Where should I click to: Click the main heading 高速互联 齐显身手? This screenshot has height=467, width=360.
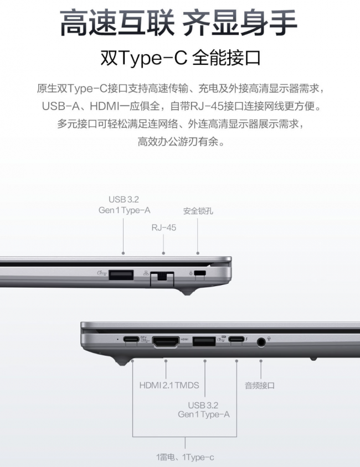178,23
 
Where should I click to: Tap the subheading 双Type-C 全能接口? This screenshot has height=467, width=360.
181,58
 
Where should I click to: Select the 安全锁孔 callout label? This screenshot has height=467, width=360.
198,211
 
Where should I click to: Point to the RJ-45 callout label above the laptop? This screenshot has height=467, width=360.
163,227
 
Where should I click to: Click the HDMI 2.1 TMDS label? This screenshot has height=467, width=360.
169,385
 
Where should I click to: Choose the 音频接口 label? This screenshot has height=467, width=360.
260,386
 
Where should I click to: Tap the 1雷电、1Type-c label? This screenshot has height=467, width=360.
185,457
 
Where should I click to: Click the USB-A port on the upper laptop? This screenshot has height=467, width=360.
121,274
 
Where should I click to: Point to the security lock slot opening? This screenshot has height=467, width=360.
200,273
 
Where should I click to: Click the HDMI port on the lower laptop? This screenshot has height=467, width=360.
166,341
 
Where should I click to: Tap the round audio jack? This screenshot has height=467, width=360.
261,342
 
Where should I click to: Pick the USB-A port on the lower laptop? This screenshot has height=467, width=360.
204,341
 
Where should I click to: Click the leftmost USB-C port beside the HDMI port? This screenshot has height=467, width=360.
131,339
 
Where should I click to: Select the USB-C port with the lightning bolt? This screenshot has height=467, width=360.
236,339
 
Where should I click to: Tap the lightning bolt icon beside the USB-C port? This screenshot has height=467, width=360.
246,339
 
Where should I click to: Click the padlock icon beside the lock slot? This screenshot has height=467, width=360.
191,273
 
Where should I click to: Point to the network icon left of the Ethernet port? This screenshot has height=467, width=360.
146,273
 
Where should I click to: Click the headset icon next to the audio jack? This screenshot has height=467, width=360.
269,338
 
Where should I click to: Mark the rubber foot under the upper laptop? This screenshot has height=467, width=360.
187,292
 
